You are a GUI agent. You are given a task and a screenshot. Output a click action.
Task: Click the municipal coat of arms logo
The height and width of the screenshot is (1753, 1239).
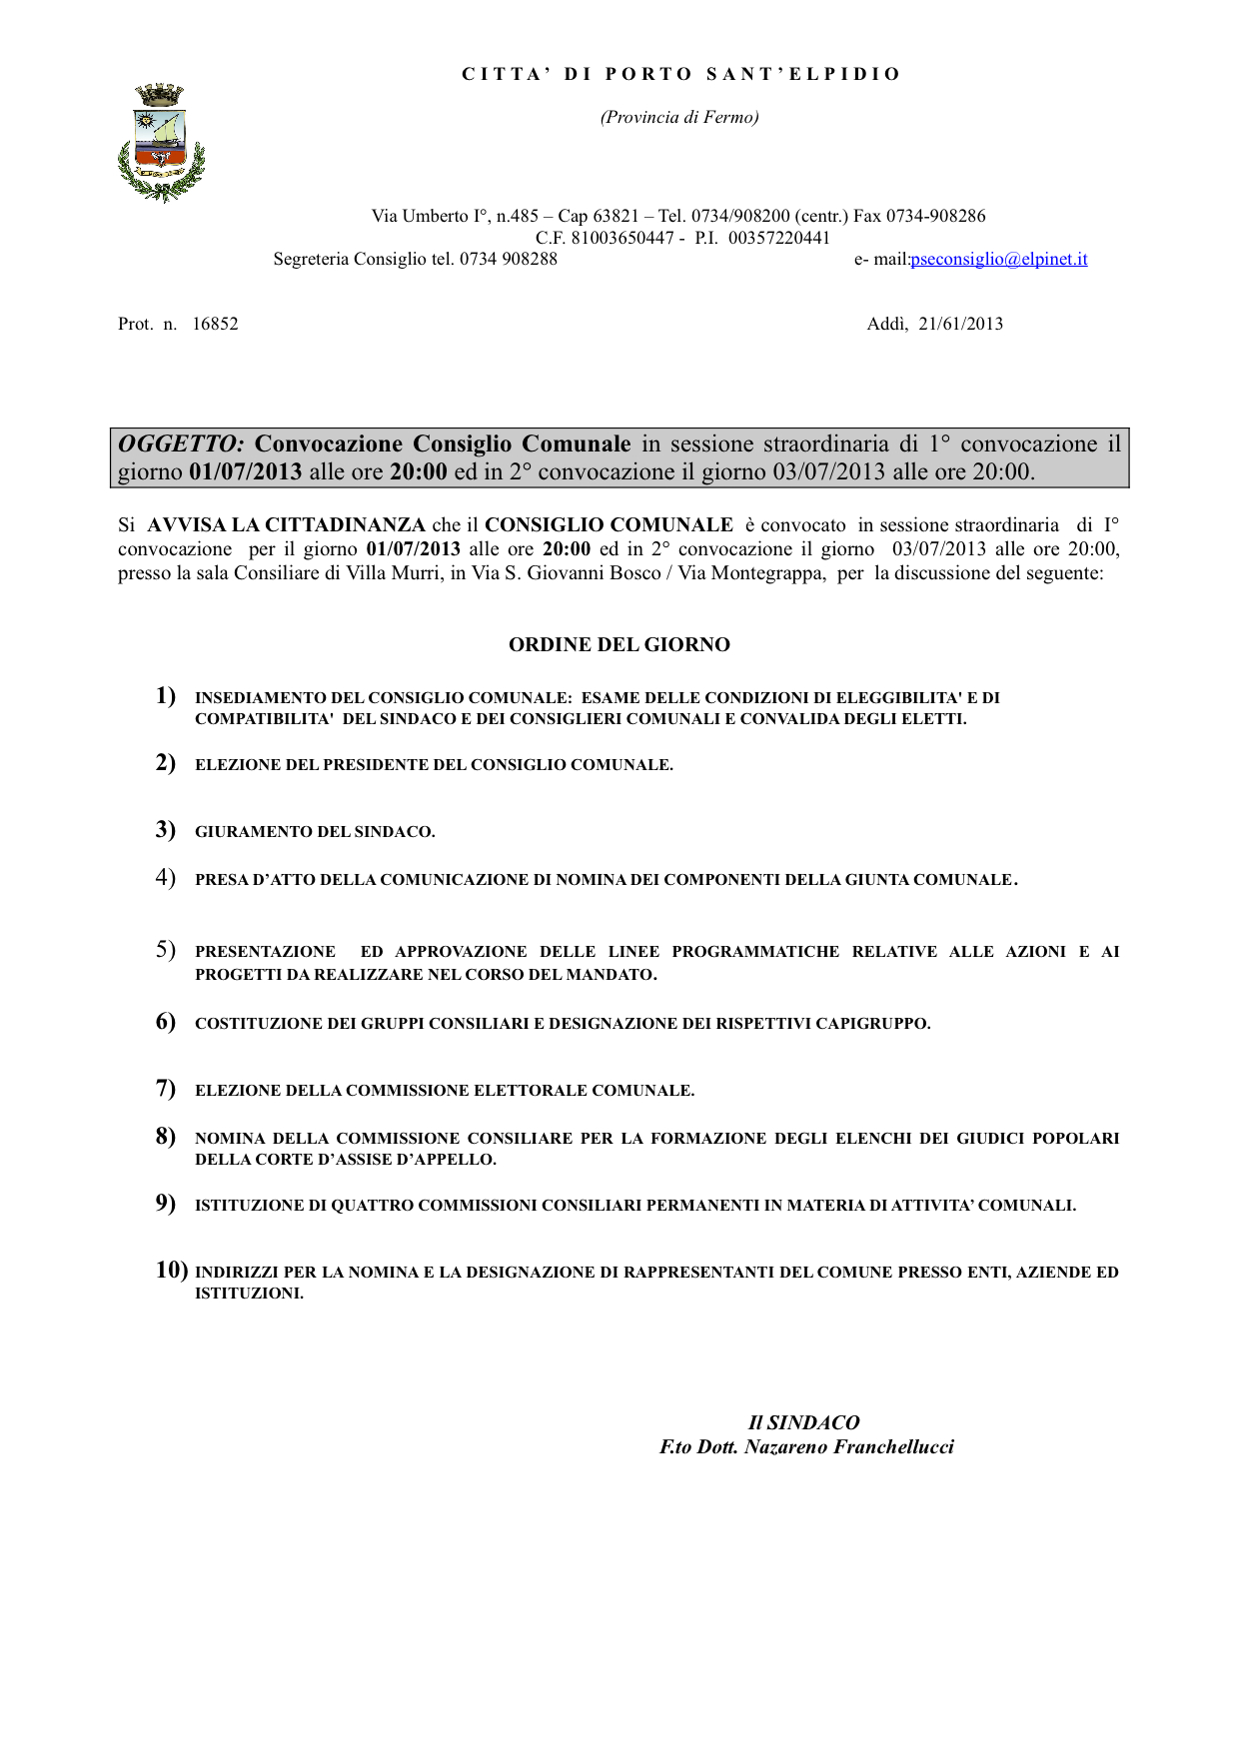(161, 143)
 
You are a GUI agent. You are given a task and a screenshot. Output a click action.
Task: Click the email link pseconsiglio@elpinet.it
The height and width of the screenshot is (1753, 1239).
(999, 260)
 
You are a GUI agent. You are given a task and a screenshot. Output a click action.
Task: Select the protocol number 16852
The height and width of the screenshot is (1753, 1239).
(215, 324)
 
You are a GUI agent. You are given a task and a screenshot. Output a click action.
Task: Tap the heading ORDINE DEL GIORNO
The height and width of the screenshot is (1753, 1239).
(619, 645)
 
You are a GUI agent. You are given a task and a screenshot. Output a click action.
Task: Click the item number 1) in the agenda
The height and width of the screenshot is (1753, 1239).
(166, 696)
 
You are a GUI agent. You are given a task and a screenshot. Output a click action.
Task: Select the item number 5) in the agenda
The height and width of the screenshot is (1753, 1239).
(166, 950)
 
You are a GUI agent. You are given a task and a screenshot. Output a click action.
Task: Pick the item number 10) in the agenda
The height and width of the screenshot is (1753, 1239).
(172, 1270)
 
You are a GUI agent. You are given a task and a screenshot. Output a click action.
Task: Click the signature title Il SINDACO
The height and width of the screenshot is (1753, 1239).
(803, 1422)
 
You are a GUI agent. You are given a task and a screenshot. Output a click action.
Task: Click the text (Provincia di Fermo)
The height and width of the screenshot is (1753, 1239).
(679, 118)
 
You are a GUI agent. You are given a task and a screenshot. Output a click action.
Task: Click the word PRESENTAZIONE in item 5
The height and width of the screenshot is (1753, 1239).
(265, 952)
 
